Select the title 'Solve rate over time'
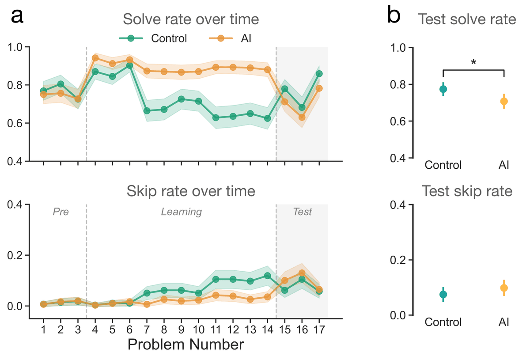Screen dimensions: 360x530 click(x=191, y=20)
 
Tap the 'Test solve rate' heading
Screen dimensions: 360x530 click(x=467, y=19)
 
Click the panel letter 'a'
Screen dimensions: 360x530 click(x=17, y=16)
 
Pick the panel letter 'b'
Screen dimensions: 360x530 click(x=394, y=16)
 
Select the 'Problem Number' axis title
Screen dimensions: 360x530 click(x=185, y=345)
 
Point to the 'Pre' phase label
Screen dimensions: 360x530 click(x=61, y=212)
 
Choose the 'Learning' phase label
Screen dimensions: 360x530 click(x=181, y=212)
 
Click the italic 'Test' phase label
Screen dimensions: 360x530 click(x=302, y=212)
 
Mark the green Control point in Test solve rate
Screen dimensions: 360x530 click(x=443, y=89)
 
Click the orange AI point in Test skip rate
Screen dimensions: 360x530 click(x=504, y=288)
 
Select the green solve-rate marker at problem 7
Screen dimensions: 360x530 click(x=147, y=111)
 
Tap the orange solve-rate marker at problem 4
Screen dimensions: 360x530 click(x=95, y=58)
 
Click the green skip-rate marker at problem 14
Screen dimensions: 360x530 click(x=267, y=276)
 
